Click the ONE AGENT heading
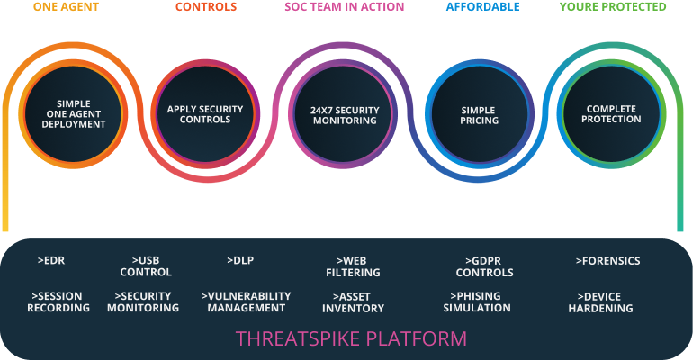[67, 7]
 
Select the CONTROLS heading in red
[205, 7]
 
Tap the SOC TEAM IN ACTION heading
[344, 7]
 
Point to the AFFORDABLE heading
[482, 7]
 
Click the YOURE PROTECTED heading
[613, 7]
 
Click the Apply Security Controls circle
[205, 114]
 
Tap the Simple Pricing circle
[479, 114]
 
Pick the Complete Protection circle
[613, 114]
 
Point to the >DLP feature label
[240, 261]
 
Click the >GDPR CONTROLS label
[484, 266]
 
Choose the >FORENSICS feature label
[607, 261]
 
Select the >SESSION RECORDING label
[60, 301]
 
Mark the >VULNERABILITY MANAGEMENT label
[246, 301]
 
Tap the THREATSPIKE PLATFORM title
[351, 338]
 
